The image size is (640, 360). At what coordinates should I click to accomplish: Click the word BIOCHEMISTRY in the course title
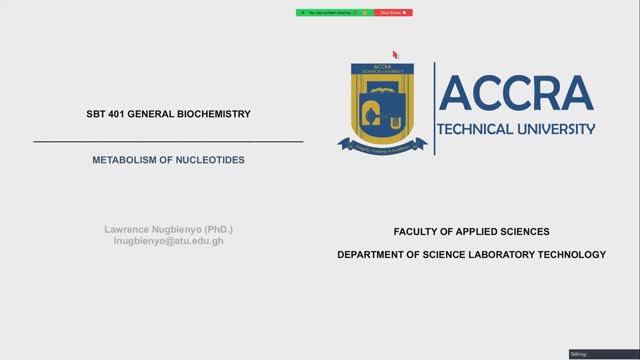coord(211,114)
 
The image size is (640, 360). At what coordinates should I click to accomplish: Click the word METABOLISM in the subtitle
coord(124,159)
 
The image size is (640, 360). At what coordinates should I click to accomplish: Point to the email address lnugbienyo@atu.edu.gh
coord(169,241)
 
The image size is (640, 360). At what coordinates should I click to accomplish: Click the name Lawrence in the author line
coord(128,229)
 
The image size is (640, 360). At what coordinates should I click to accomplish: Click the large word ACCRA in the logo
coord(515,94)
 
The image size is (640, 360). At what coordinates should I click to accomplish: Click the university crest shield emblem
coord(382,102)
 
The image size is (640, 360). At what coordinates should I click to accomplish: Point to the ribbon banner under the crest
coord(382,144)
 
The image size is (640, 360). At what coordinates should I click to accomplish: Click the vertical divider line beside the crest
coord(434,108)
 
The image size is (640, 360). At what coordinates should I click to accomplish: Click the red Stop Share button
coord(392,13)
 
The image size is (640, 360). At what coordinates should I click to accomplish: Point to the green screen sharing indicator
coord(334,13)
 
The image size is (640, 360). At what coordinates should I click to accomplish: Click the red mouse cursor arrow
coord(395,54)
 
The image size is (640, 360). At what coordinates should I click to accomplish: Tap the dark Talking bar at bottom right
coord(603,354)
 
